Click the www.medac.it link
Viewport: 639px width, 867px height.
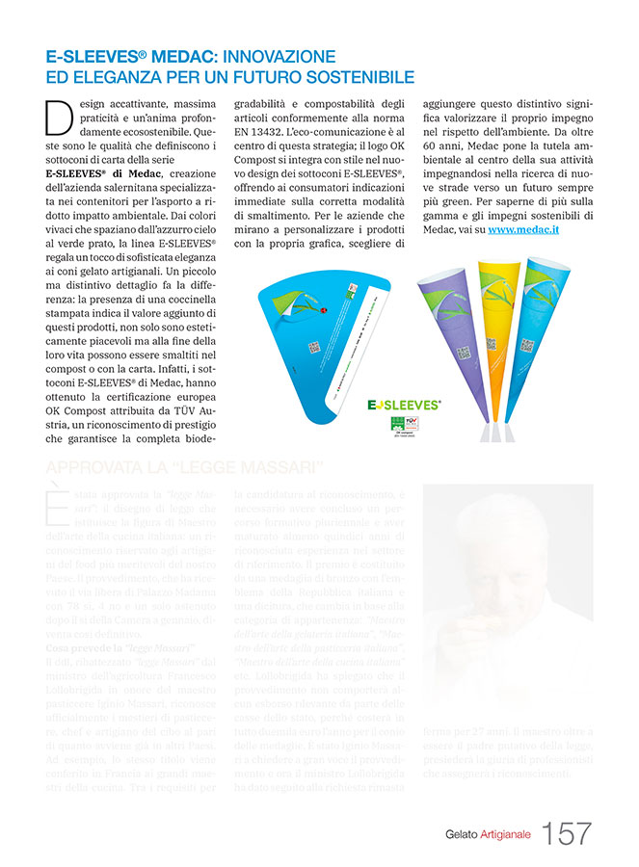point(524,230)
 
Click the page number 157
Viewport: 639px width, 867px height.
point(567,833)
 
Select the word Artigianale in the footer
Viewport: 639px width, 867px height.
point(506,834)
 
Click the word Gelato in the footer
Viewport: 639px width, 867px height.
point(462,834)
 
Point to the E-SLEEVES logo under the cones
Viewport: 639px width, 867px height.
point(404,406)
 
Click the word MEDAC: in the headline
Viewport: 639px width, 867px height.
point(184,56)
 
